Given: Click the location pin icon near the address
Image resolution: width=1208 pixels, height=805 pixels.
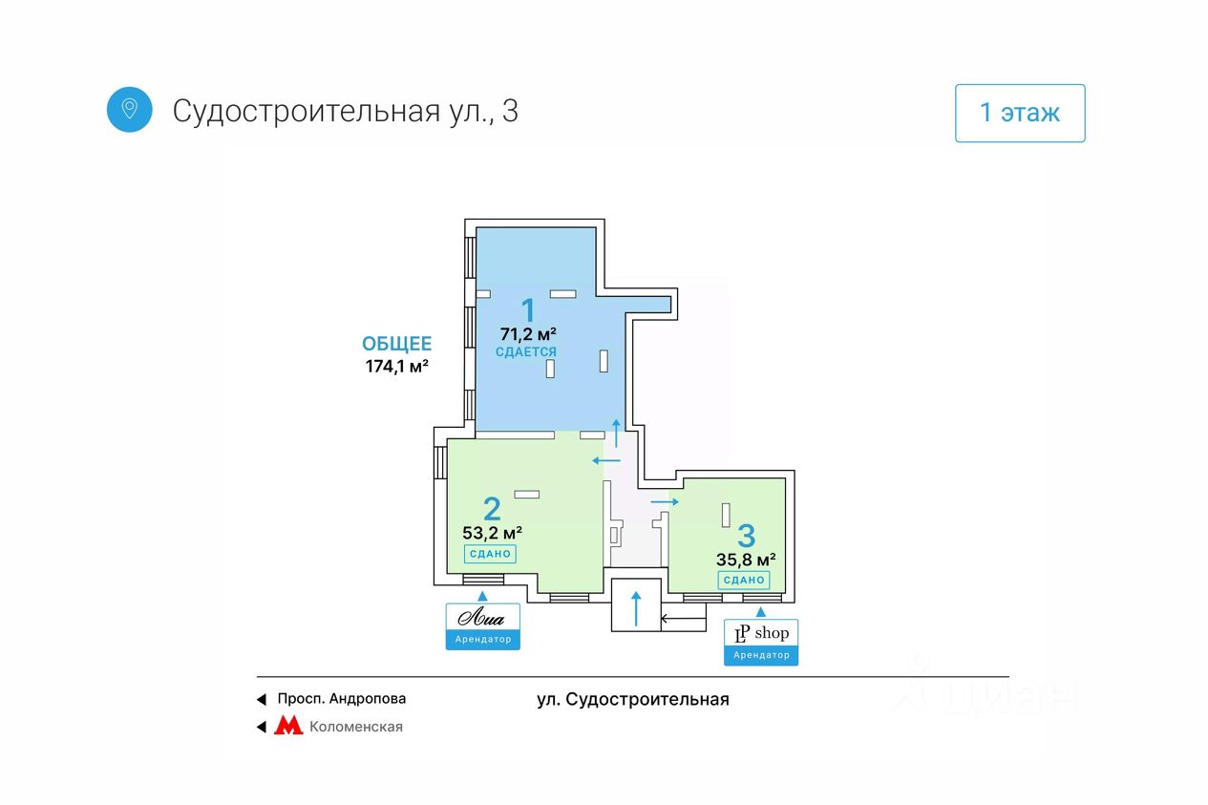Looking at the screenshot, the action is click(129, 109).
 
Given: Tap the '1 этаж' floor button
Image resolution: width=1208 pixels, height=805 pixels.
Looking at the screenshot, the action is click(1019, 114).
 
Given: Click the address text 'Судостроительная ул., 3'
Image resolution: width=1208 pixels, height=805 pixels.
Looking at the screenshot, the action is click(345, 111).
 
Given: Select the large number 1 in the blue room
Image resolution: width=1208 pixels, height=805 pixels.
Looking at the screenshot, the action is click(527, 309).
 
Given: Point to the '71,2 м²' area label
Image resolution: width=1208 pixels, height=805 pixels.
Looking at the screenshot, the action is click(527, 334).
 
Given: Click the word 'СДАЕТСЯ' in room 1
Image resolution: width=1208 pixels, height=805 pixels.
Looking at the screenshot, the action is click(526, 352).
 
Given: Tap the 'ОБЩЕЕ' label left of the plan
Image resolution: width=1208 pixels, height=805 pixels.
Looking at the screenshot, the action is click(396, 345).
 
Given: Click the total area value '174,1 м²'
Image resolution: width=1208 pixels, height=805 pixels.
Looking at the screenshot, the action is click(396, 366).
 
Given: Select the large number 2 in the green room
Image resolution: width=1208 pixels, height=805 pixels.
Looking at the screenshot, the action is click(492, 508).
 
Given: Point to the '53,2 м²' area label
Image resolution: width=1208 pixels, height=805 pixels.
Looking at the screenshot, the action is click(492, 533).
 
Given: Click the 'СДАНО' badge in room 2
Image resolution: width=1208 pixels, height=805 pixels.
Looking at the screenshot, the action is click(491, 554).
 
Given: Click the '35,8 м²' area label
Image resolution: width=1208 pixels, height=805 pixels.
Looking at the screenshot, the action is click(746, 560).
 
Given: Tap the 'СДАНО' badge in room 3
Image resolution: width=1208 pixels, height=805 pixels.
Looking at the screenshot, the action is click(744, 580).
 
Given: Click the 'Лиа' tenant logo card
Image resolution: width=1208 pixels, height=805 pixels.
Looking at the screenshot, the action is click(482, 625).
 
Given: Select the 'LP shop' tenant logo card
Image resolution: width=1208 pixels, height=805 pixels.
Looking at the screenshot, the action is click(761, 641).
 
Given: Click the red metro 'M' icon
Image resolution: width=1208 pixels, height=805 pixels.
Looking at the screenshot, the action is click(288, 727).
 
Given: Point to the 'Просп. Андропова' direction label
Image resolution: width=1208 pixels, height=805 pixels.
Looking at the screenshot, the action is click(341, 699).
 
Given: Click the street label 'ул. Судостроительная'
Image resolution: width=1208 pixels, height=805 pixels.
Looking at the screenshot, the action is click(633, 700).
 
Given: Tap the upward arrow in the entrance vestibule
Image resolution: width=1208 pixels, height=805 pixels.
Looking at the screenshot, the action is click(636, 606).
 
